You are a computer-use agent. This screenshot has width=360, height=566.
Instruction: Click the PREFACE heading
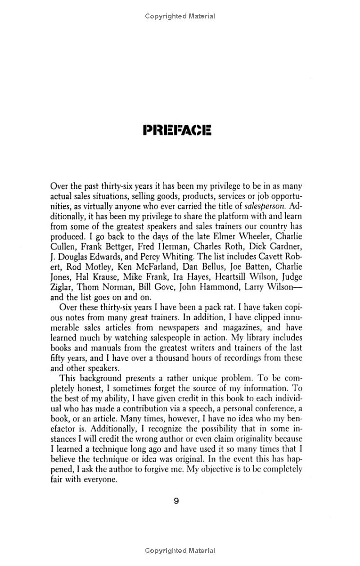176,131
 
